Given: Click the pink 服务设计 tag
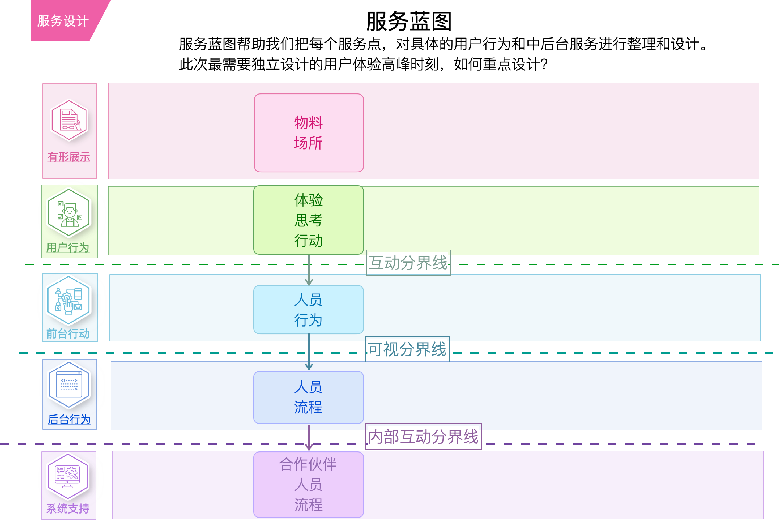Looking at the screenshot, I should (x=63, y=21).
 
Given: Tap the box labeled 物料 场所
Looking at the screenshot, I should (x=308, y=133).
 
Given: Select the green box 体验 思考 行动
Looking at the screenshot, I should (x=308, y=220).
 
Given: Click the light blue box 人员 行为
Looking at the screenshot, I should (x=308, y=310).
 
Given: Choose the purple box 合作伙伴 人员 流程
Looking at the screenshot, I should (x=308, y=484).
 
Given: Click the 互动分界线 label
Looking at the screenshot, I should (x=408, y=263).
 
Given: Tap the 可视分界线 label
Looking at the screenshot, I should (x=408, y=349).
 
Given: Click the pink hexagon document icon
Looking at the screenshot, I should (x=69, y=120).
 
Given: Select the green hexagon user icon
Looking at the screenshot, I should (x=69, y=212).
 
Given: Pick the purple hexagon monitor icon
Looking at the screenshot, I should (x=68, y=476).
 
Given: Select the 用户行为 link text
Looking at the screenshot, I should (x=68, y=248).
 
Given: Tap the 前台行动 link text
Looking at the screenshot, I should (x=68, y=334).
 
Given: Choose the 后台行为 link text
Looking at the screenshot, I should (x=69, y=419).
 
